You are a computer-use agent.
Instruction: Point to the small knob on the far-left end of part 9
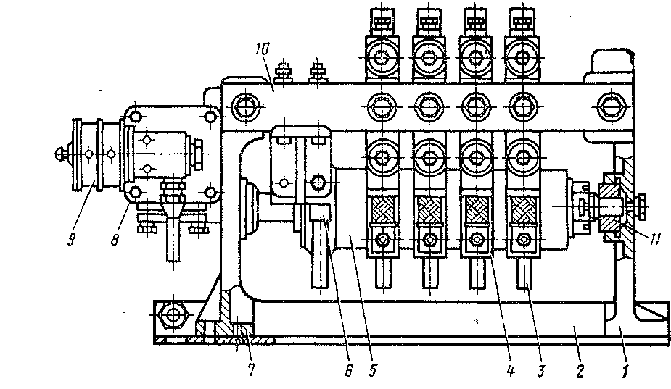pyautogui.click(x=60, y=154)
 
